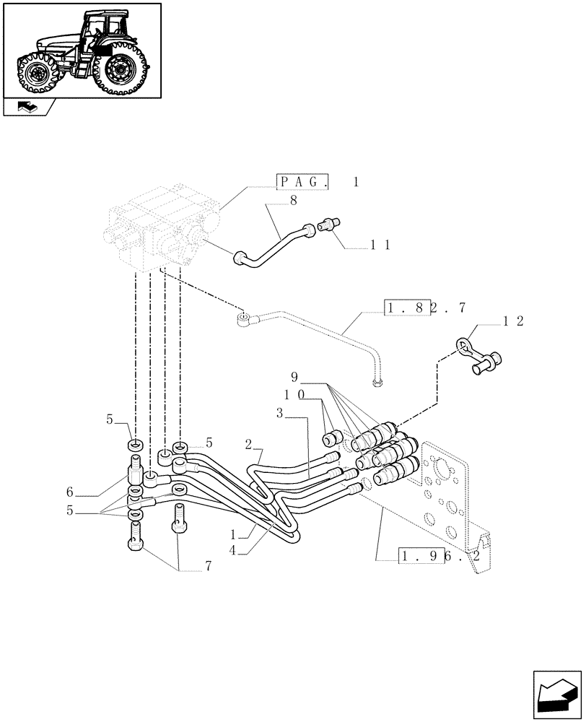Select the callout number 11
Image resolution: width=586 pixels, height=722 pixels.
380,245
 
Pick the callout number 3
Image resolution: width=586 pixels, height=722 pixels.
279,413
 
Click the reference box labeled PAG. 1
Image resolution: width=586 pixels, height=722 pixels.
318,183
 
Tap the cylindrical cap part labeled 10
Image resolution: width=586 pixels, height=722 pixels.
333,438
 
